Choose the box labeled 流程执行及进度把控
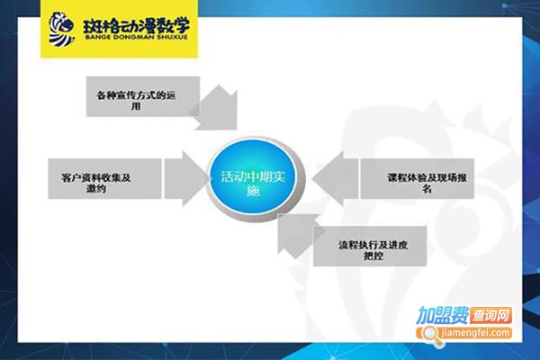point(369,248)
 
